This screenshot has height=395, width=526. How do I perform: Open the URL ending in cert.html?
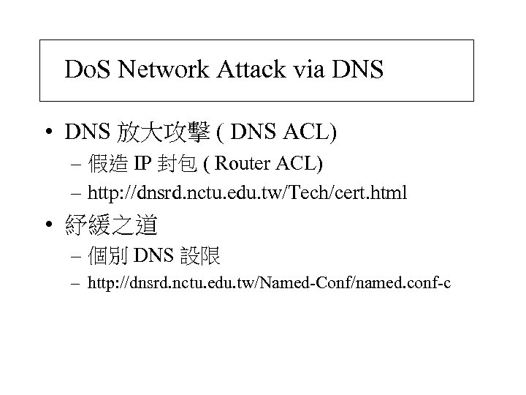[x=247, y=193]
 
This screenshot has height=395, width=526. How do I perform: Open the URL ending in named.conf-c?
[x=269, y=283]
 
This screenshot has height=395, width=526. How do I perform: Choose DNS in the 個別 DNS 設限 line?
[x=152, y=256]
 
